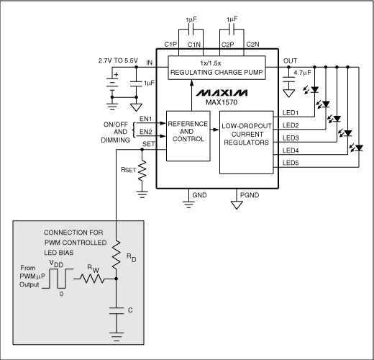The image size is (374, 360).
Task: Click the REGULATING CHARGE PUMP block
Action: pyautogui.click(x=216, y=69)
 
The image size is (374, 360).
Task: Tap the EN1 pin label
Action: pyautogui.click(x=146, y=118)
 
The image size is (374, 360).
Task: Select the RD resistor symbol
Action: pyautogui.click(x=115, y=256)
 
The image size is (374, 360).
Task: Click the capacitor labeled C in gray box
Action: pyautogui.click(x=115, y=311)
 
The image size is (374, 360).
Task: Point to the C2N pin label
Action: pyautogui.click(x=252, y=45)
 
